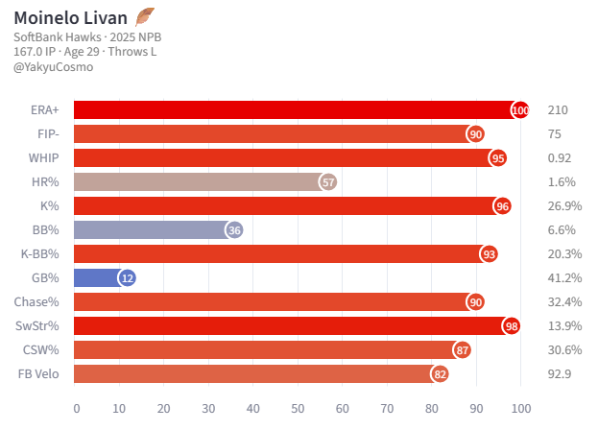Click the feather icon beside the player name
[x=145, y=16]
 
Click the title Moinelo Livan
[x=70, y=17]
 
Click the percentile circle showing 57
[x=328, y=182]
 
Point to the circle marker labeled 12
[x=128, y=278]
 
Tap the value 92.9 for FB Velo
[x=560, y=374]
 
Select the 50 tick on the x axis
[x=298, y=408]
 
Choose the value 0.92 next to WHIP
[x=560, y=158]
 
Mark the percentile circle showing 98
[x=512, y=326]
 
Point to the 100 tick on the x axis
[x=521, y=408]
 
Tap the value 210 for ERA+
[x=558, y=110]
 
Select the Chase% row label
[x=38, y=302]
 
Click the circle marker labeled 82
[x=441, y=374]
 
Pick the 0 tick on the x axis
[x=77, y=408]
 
